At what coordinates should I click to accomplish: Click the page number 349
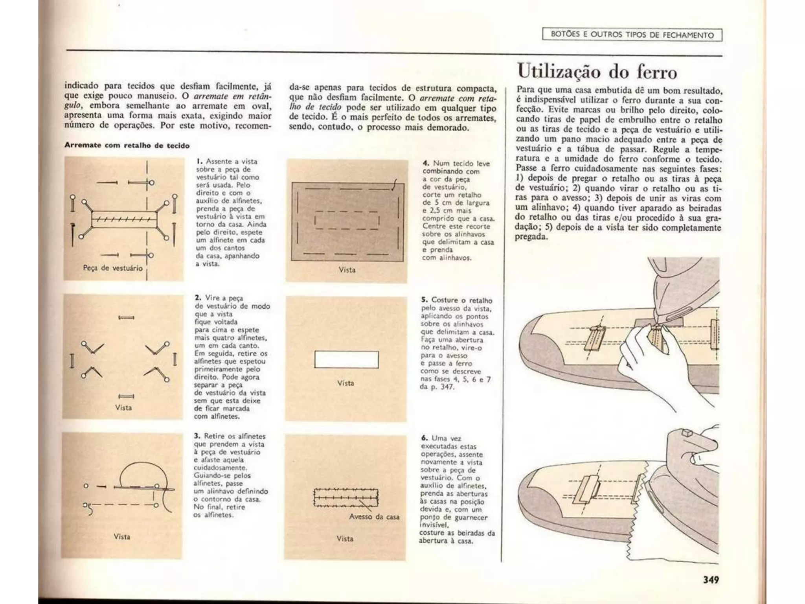(711, 579)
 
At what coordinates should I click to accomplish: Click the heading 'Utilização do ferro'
(597, 72)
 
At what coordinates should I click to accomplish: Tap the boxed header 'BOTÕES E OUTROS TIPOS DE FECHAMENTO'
(632, 35)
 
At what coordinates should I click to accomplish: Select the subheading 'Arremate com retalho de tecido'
(127, 145)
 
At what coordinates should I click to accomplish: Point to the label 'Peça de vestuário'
(112, 268)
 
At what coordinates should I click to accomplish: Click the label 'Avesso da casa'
(374, 517)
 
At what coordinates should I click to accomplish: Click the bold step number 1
(199, 161)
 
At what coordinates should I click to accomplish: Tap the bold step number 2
(198, 298)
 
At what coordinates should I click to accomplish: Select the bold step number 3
(197, 436)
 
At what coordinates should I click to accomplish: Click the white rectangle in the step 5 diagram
(346, 359)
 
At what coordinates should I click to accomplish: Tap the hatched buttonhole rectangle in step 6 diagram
(346, 498)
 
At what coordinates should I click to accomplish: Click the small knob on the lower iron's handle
(687, 433)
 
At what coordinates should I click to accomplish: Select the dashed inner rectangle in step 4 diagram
(347, 221)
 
